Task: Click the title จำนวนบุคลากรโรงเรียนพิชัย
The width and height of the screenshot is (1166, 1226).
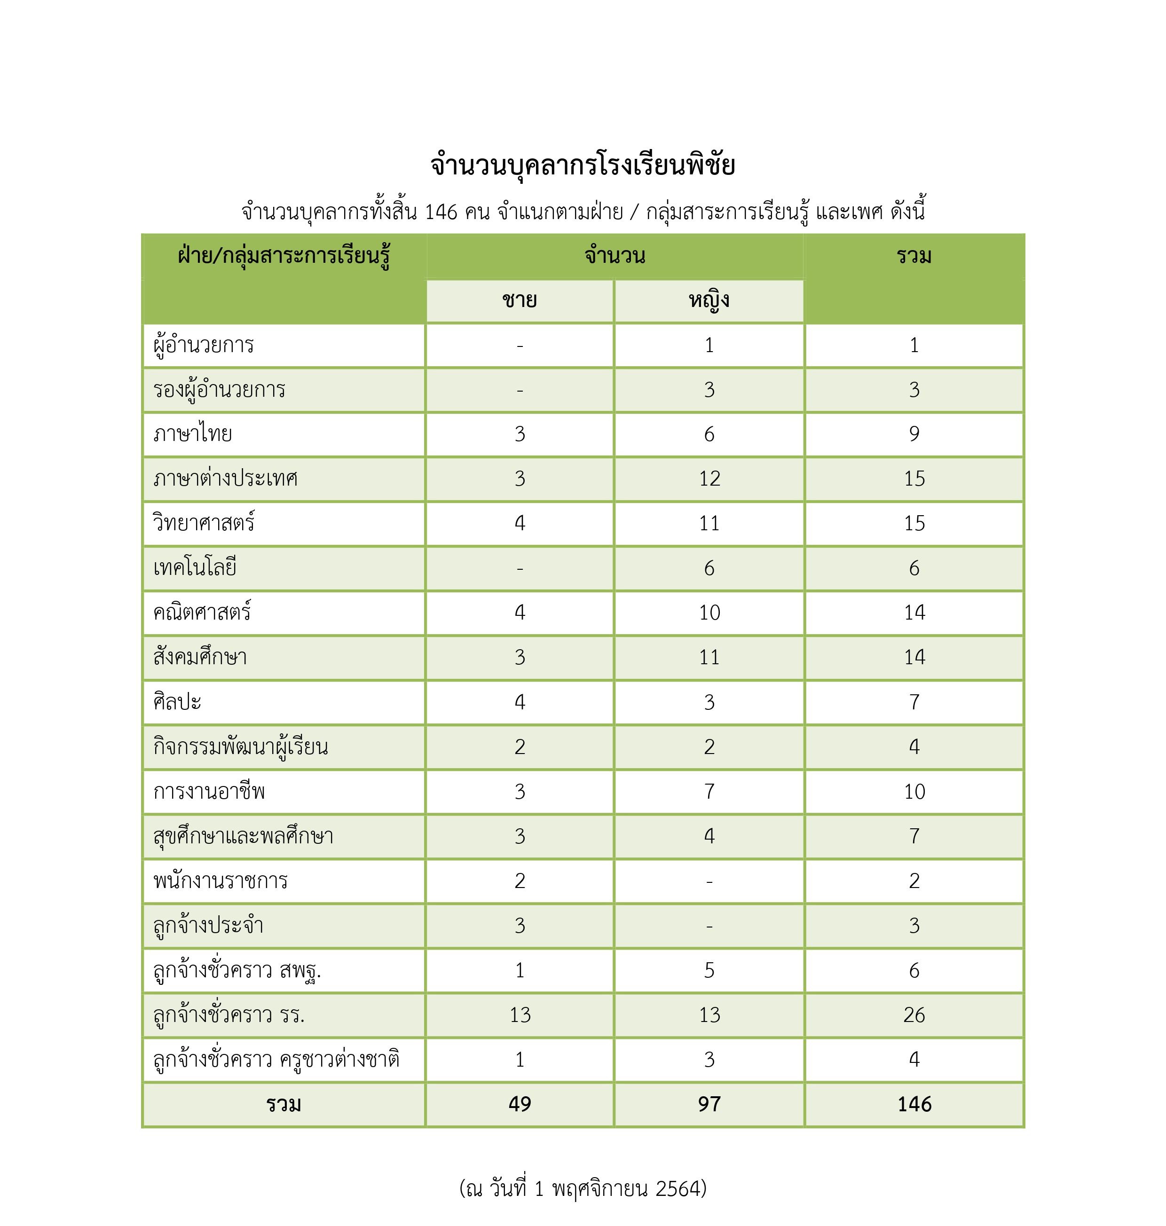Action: [583, 165]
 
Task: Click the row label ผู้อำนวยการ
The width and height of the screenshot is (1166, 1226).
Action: [204, 345]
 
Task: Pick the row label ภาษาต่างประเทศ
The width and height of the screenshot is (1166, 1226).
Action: [225, 479]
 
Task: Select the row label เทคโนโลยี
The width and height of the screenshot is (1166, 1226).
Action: [195, 568]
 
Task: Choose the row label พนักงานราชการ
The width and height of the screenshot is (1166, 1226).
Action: [220, 880]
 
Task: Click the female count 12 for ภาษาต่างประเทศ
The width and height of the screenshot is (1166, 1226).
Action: [709, 479]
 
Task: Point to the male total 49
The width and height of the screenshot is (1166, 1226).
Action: [520, 1104]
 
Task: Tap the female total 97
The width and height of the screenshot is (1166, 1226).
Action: [709, 1104]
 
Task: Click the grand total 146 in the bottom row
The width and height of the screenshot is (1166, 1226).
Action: [914, 1104]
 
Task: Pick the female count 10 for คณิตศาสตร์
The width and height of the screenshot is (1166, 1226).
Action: [709, 613]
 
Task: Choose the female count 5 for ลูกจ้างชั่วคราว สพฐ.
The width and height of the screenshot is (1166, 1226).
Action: [709, 970]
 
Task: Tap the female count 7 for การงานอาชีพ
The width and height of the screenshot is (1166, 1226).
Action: [709, 792]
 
